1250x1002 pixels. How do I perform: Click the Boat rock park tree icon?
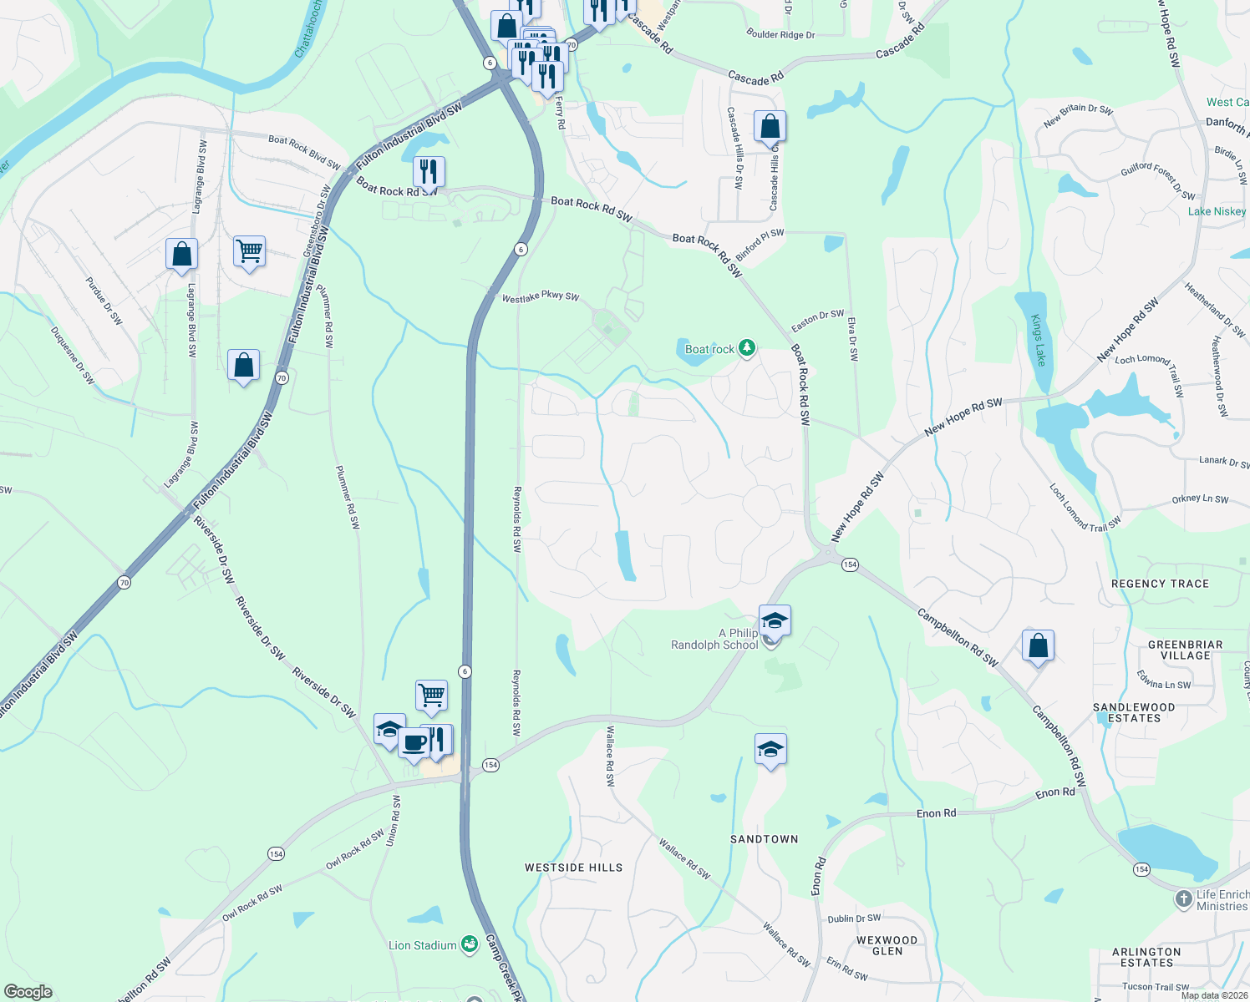click(746, 348)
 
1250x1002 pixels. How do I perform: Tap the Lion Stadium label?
click(423, 945)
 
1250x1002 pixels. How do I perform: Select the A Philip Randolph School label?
click(715, 639)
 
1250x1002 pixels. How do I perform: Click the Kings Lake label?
click(1038, 340)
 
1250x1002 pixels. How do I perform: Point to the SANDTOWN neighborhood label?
click(764, 839)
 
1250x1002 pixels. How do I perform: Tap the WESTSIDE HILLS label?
click(573, 868)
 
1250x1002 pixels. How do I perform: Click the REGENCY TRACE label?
click(1160, 584)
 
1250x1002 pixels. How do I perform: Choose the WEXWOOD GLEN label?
click(887, 945)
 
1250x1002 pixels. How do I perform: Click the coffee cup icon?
click(414, 742)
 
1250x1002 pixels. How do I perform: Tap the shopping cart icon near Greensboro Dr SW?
click(249, 250)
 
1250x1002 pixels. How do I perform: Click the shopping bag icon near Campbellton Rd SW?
click(1038, 645)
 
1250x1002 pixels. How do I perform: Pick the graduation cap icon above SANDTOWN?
click(770, 749)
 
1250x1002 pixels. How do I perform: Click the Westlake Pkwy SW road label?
click(541, 297)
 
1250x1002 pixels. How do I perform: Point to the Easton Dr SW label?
click(817, 320)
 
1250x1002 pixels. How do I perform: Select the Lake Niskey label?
click(1217, 211)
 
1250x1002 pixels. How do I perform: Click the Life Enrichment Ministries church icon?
click(1183, 899)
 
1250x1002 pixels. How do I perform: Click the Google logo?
click(28, 992)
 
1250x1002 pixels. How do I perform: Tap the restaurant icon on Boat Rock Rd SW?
click(429, 171)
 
